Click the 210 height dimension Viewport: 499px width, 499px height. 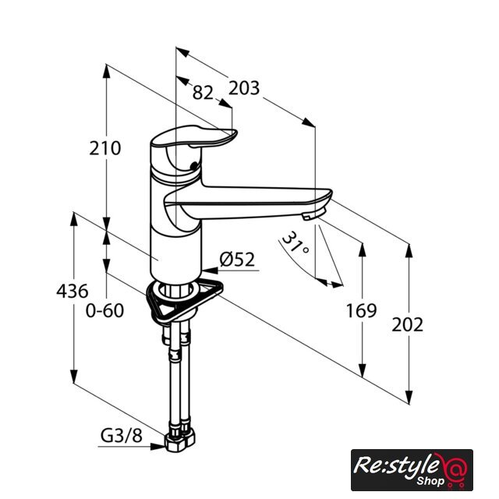pos(105,148)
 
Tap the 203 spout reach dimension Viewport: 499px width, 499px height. pos(244,88)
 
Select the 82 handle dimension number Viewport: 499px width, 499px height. pos(203,93)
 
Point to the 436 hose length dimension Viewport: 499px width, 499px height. pos(73,291)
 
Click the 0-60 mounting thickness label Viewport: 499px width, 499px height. pos(104,310)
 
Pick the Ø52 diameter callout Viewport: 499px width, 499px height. pos(237,260)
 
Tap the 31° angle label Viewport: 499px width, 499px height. pos(295,242)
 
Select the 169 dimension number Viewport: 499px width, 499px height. pos(361,310)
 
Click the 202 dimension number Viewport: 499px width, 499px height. pos(407,325)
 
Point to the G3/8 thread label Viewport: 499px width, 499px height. pos(122,436)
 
